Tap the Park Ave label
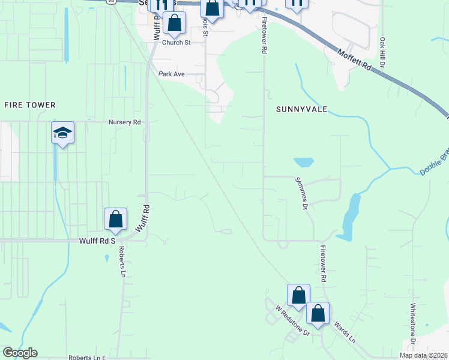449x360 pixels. click(172, 74)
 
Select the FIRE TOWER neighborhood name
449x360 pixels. click(30, 105)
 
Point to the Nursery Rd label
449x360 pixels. click(124, 122)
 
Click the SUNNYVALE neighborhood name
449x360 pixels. click(301, 109)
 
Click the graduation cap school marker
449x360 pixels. click(62, 133)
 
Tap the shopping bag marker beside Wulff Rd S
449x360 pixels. click(115, 219)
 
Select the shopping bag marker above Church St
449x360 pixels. click(174, 23)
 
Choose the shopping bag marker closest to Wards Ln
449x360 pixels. click(318, 313)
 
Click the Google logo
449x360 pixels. click(20, 353)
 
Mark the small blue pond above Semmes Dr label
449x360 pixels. click(304, 162)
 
